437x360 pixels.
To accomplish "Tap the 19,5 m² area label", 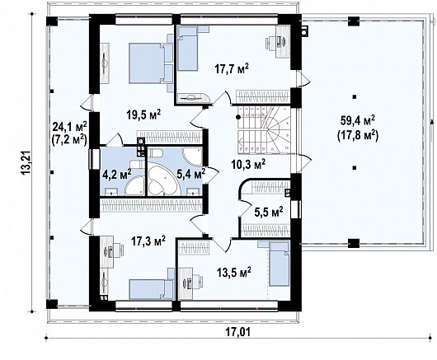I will (x=141, y=114).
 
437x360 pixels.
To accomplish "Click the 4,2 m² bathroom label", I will (x=115, y=174).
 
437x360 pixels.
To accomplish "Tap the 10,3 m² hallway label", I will (x=248, y=165).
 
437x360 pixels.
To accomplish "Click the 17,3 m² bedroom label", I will (x=148, y=242).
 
